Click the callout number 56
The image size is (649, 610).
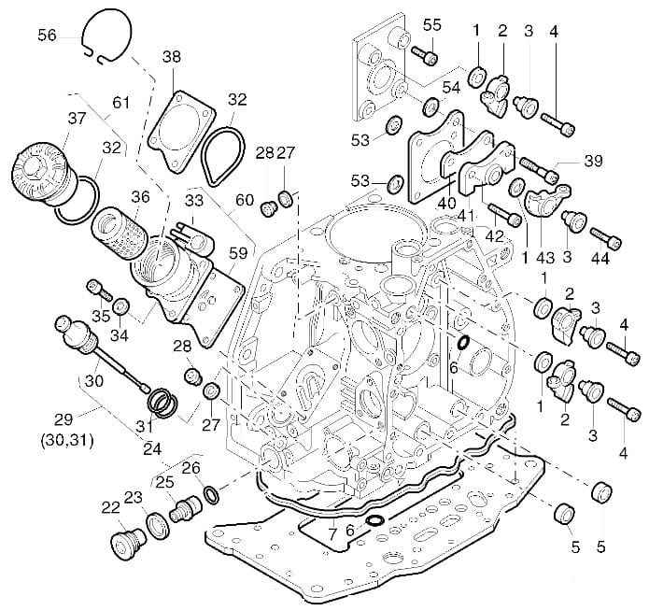pos(47,35)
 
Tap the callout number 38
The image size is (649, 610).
pos(171,57)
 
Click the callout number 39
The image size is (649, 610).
pos(593,161)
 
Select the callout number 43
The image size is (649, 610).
pos(543,256)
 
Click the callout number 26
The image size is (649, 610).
pos(190,467)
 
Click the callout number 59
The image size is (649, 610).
pos(237,251)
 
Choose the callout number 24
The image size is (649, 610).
pos(151,447)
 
